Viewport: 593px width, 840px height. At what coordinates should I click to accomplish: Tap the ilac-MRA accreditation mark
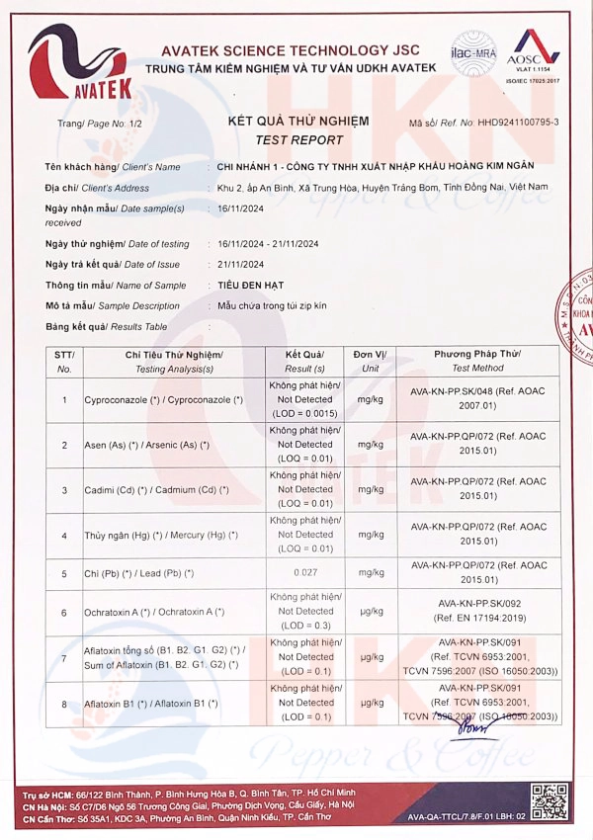472,50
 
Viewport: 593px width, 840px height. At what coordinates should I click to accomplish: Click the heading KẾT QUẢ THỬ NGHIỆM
297,121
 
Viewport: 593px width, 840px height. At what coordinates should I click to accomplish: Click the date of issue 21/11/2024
240,264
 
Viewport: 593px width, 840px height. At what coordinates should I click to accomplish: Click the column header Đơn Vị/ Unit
371,361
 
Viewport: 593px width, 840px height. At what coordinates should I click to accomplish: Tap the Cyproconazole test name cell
164,399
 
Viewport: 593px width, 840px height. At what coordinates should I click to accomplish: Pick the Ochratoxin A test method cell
477,611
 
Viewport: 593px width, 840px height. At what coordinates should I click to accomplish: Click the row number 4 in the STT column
64,535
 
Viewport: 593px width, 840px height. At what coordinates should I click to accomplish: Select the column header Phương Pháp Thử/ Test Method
477,361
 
